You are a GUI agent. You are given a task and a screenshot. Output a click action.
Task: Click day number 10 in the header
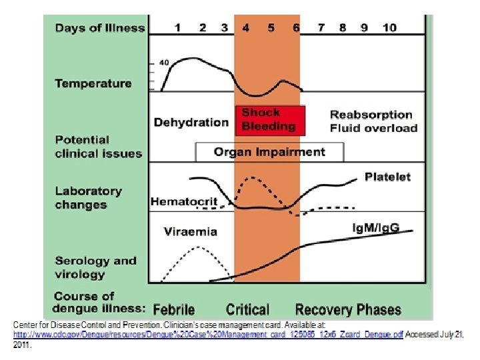coord(389,27)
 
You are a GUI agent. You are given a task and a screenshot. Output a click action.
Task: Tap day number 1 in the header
coord(177,27)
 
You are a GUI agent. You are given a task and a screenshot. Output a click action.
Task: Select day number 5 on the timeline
coord(271,27)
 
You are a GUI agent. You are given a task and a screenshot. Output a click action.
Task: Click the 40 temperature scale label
coord(165,63)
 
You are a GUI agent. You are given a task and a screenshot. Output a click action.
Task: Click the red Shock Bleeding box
coord(269,119)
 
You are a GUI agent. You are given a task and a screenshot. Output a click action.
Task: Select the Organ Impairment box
coord(269,152)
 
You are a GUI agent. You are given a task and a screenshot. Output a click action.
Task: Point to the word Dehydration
coord(191,122)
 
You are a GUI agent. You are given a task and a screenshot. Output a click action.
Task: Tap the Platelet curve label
coord(388,177)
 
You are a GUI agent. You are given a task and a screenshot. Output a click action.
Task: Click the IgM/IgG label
coord(376,228)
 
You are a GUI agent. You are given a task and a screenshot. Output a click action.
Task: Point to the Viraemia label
coord(191,231)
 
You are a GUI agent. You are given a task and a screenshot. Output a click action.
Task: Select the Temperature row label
coord(93,83)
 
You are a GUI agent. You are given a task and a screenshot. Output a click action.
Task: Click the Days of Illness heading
coord(100,27)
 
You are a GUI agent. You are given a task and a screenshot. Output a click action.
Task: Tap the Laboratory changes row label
coord(89,198)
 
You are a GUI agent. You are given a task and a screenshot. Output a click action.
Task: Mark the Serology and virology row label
coord(95,267)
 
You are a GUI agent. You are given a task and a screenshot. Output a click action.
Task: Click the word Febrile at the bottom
coord(174,309)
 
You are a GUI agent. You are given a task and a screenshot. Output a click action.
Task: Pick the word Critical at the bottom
coord(247,309)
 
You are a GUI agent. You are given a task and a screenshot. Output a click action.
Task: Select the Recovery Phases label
coord(348,309)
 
